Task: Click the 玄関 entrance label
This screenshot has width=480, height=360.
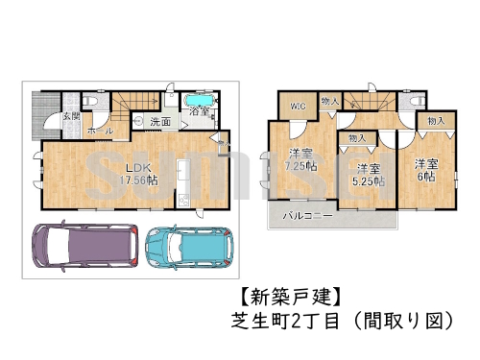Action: point(71,116)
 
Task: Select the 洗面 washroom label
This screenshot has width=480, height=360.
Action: point(160,122)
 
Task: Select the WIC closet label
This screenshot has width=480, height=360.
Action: point(297,108)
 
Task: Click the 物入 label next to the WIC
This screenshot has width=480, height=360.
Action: point(328,101)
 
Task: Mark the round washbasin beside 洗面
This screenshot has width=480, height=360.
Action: point(139,121)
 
